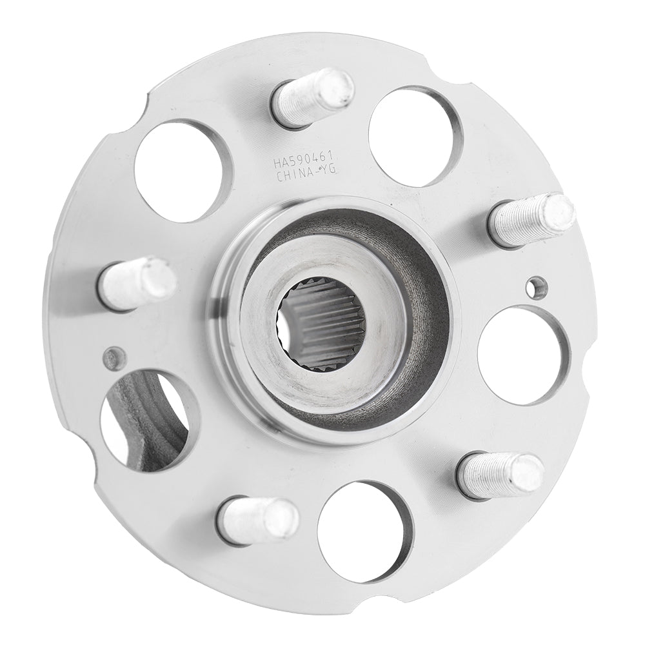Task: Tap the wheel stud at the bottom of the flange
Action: tap(259, 520)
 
